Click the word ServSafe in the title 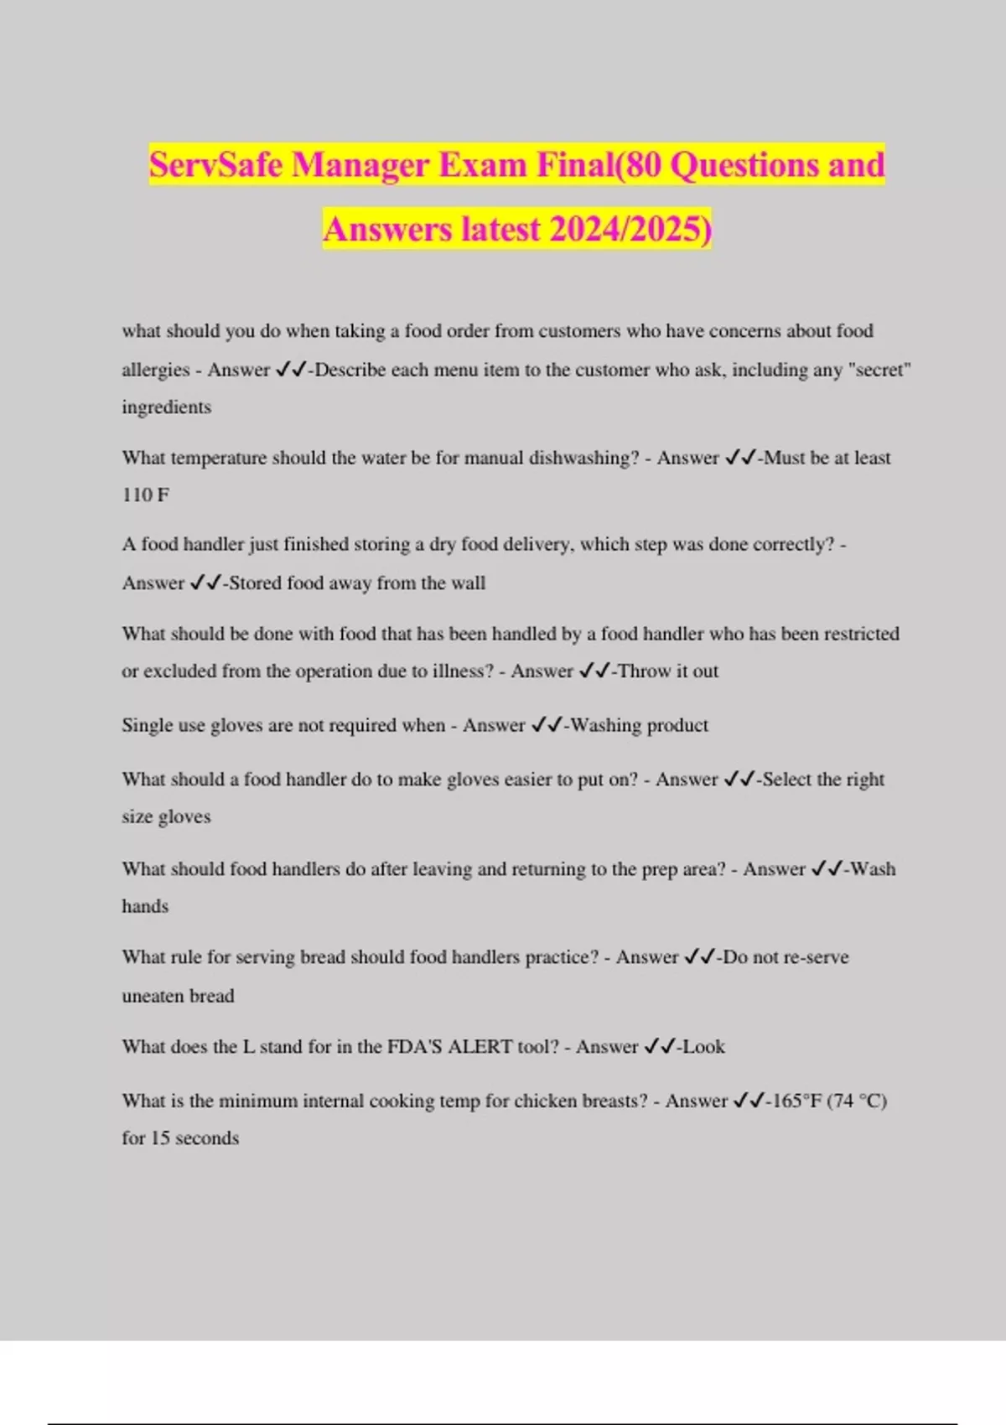tap(215, 165)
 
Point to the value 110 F tap(145, 495)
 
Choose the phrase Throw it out tap(668, 671)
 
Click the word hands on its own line tap(145, 906)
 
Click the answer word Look tap(703, 1046)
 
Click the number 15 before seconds tap(160, 1138)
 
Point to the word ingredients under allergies tap(166, 407)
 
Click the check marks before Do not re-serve tap(699, 956)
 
